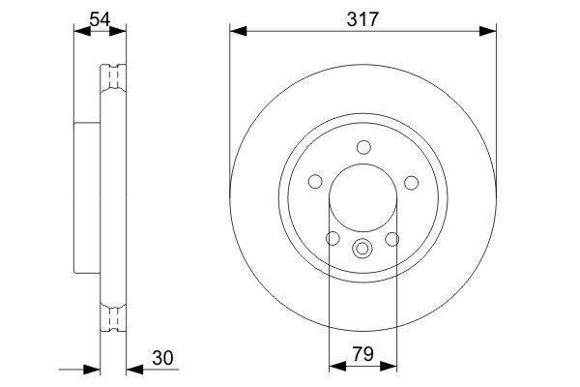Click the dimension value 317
tap(362, 19)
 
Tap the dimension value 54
tap(100, 19)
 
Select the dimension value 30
tap(162, 358)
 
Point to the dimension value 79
tap(362, 354)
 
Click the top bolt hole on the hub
tap(364, 147)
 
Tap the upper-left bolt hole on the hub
tap(315, 182)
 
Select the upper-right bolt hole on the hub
tap(412, 183)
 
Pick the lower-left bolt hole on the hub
tap(333, 238)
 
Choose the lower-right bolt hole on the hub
tap(392, 239)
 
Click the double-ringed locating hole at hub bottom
tap(362, 248)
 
